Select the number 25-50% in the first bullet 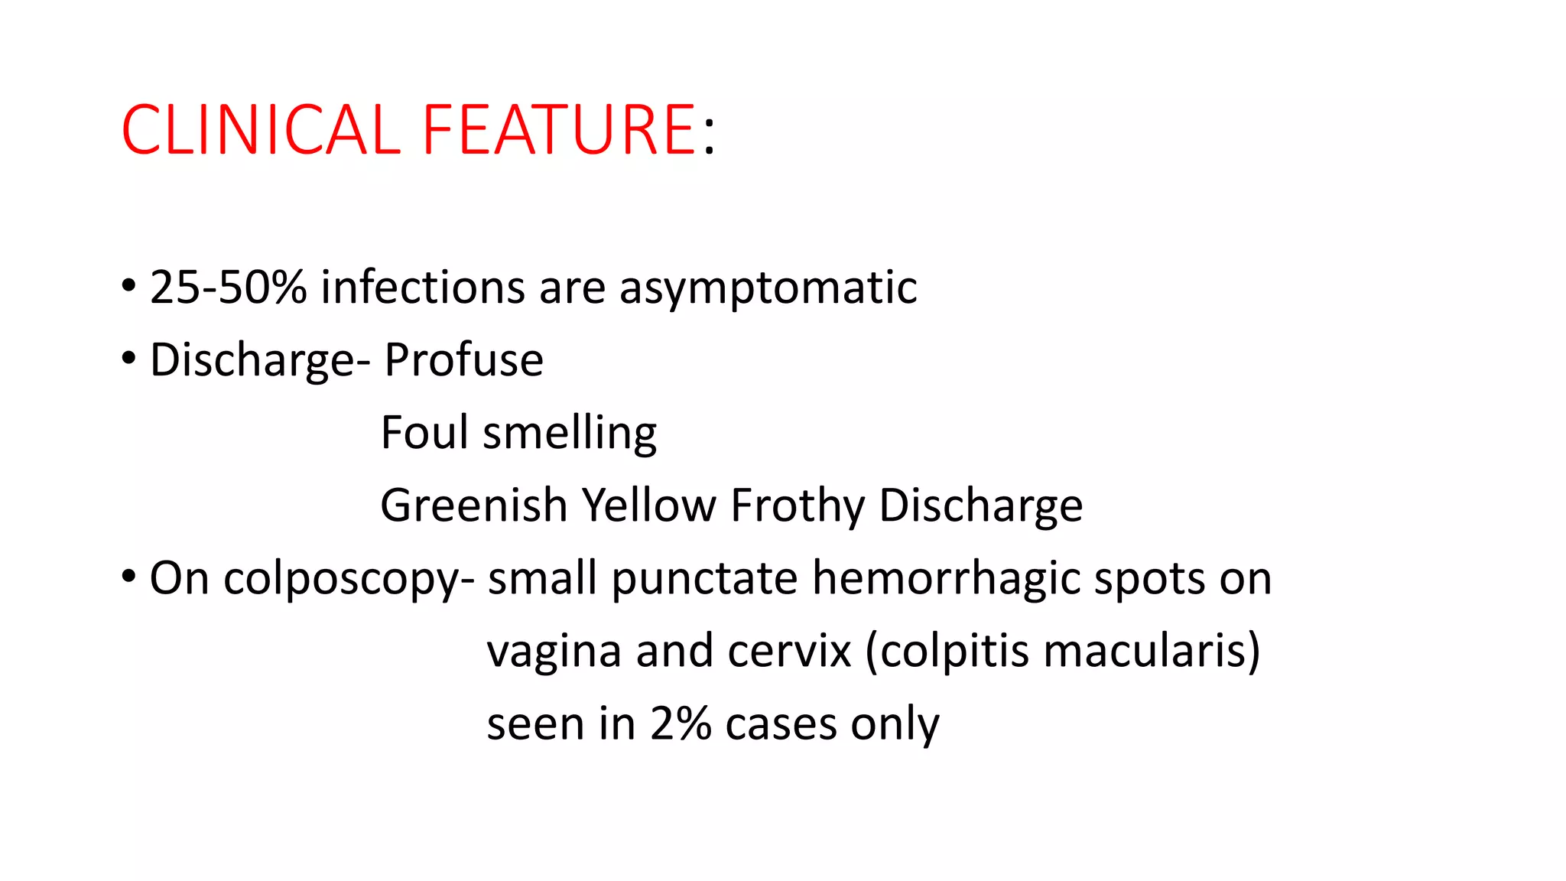(228, 288)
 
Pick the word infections (423, 288)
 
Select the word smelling (570, 434)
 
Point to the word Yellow (648, 505)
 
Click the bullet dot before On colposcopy (128, 575)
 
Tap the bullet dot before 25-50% (128, 285)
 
